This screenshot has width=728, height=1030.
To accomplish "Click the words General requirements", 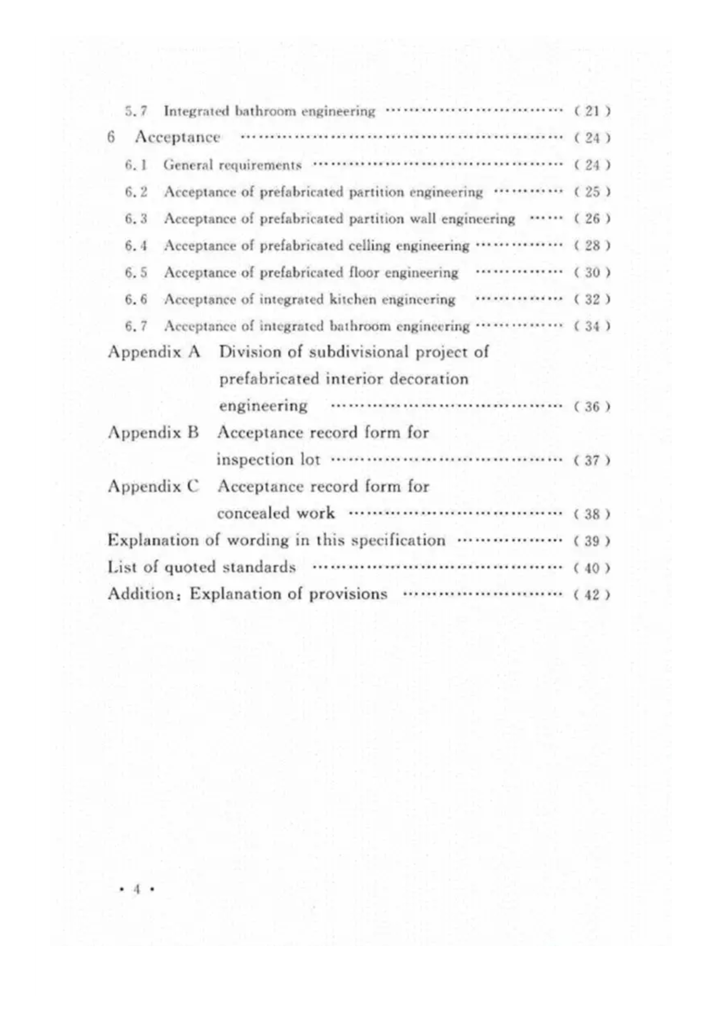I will click(232, 165).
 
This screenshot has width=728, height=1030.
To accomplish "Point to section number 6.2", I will click(136, 192).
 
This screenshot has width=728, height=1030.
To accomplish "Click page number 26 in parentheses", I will click(592, 219).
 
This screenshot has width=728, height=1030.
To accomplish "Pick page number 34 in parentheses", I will click(592, 326).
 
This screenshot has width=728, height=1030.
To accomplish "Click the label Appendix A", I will click(154, 352).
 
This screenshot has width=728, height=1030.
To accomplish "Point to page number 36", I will click(592, 407).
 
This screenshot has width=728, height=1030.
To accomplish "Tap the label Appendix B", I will click(153, 433).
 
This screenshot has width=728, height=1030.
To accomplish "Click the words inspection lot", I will click(268, 460).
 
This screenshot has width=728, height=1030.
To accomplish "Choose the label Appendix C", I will click(153, 487).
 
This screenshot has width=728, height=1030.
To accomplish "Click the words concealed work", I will click(276, 513).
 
